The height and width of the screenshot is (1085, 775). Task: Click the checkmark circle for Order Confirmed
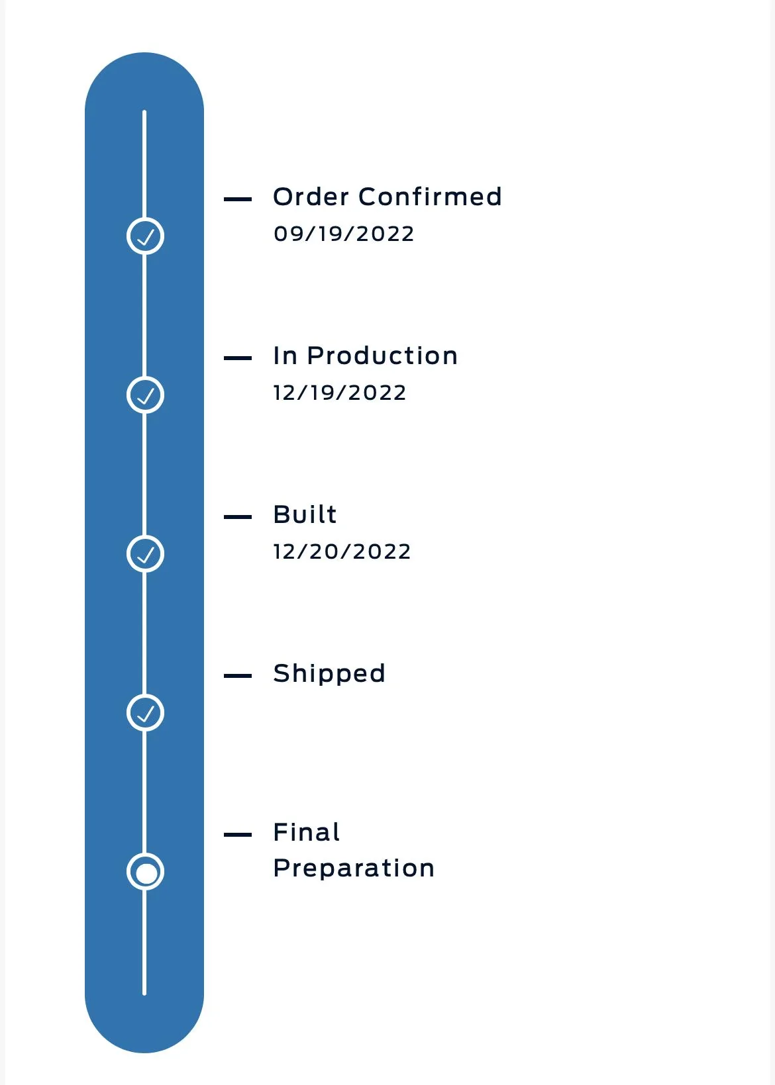(145, 236)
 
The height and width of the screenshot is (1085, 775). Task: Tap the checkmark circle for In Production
(145, 395)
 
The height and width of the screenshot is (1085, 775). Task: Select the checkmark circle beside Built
(145, 553)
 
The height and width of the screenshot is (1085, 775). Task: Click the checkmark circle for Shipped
(145, 712)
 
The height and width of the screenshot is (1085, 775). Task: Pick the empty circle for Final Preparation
(145, 871)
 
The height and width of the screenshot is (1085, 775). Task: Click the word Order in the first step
(311, 197)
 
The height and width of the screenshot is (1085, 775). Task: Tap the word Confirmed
(430, 197)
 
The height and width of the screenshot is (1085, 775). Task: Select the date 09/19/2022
(344, 234)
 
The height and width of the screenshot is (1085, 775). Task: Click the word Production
(382, 355)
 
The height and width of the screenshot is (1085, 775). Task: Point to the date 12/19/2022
(339, 393)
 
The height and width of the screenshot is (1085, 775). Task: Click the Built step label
(305, 514)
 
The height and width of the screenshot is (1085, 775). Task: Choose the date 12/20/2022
(342, 551)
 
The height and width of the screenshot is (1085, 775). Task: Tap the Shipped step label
(329, 674)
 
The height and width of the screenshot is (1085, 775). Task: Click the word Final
(306, 832)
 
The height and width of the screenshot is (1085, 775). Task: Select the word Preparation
(354, 868)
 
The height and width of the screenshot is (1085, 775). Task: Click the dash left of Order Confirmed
(238, 199)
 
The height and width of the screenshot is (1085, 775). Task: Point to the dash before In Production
(238, 358)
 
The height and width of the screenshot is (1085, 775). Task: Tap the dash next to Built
(238, 517)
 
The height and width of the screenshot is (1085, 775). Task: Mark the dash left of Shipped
(238, 676)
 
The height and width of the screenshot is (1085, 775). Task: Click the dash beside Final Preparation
(238, 835)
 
